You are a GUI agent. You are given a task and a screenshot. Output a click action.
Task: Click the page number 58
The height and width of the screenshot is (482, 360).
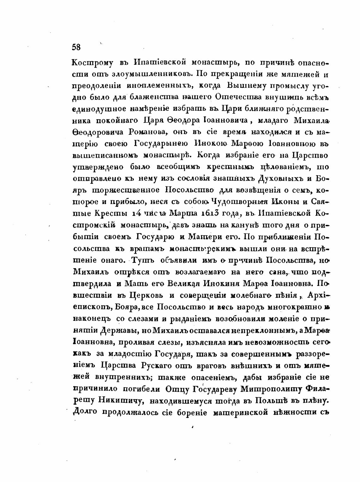[76, 47]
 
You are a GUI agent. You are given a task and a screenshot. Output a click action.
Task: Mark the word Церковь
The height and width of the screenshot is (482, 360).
[146, 295]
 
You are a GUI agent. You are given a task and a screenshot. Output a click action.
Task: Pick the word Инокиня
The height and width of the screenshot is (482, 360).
[216, 284]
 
